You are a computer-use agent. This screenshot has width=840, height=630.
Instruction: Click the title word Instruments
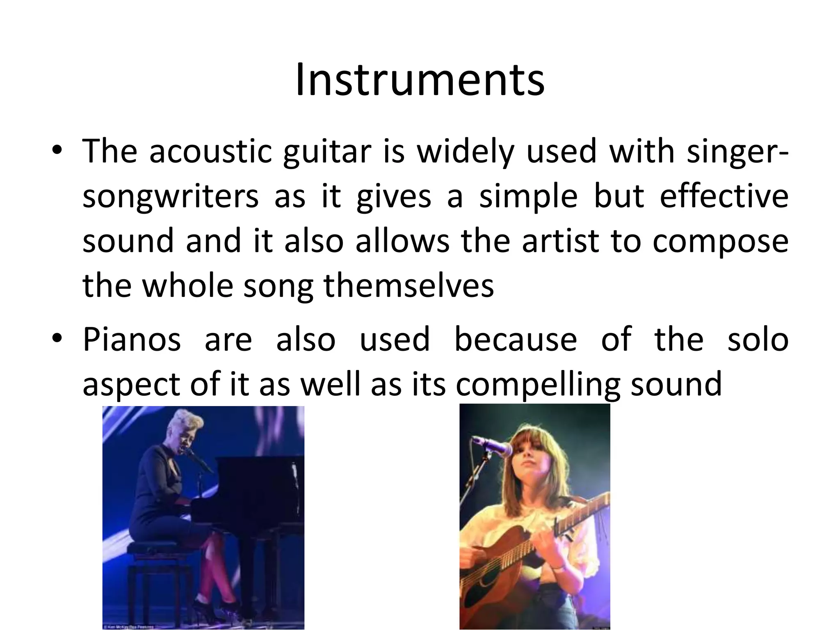(420, 80)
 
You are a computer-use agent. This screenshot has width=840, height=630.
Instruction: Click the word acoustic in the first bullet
(210, 151)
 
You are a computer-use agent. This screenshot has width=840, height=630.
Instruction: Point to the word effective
(724, 196)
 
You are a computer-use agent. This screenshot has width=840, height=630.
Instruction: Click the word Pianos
(132, 340)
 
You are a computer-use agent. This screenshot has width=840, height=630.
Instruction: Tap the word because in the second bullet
(516, 340)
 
